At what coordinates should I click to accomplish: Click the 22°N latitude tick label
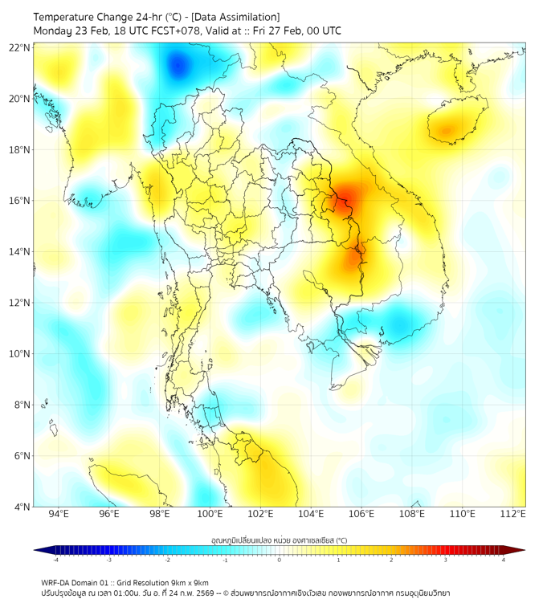pos(20,47)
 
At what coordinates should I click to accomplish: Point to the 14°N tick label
pos(20,252)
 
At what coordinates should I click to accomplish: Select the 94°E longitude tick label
pos(59,514)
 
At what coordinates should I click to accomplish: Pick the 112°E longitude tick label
pos(512,514)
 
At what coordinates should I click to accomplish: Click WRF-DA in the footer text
pos(55,582)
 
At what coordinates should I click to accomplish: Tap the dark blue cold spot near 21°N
pos(178,64)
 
